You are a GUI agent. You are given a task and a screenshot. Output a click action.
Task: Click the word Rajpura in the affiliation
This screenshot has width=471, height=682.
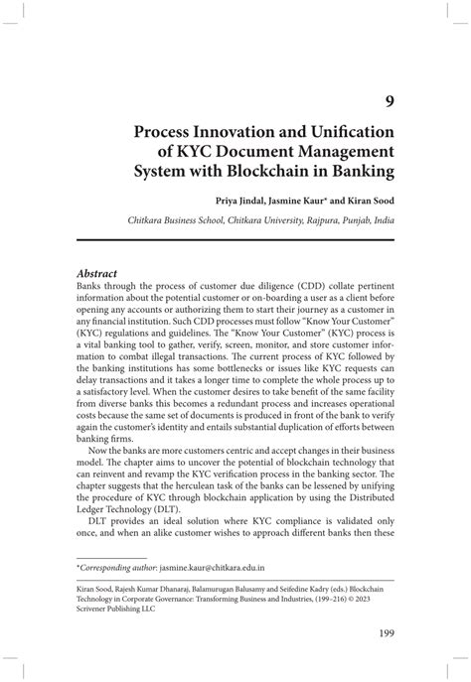(316, 223)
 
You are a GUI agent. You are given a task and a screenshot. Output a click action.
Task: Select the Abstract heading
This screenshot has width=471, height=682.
(97, 272)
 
